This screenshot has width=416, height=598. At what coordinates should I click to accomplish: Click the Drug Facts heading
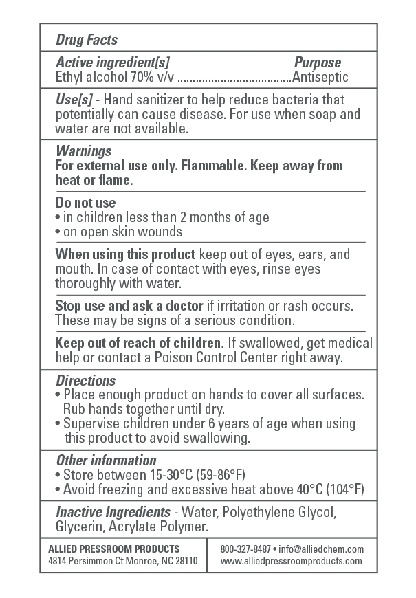87,40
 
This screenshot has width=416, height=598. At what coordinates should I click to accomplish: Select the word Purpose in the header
318,63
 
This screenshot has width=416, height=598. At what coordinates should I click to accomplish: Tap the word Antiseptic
320,77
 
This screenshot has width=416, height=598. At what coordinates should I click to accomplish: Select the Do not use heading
85,203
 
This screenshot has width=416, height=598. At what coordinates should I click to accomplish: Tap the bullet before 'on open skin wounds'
58,232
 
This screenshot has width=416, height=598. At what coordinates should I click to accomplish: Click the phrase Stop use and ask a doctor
129,304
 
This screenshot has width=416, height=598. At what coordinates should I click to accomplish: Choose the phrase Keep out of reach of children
140,342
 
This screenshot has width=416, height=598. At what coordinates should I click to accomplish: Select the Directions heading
85,380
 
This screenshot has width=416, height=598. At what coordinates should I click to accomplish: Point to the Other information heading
106,460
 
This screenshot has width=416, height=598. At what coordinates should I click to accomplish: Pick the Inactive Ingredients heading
113,512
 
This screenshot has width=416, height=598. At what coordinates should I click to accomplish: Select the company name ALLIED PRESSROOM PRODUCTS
114,549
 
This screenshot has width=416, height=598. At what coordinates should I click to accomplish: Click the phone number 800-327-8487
245,549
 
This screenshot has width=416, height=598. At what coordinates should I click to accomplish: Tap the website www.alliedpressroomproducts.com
292,561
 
